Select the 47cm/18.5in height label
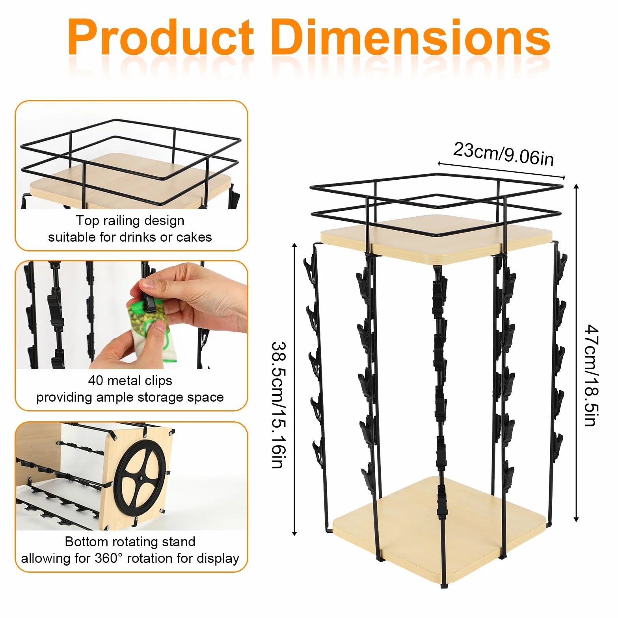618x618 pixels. [x=592, y=375]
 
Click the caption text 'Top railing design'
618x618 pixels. [x=130, y=220]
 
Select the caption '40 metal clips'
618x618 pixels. [x=130, y=380]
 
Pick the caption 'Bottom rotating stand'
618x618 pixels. [x=130, y=542]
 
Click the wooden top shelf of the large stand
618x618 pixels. [x=437, y=238]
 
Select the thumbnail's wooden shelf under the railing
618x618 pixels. [x=130, y=179]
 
